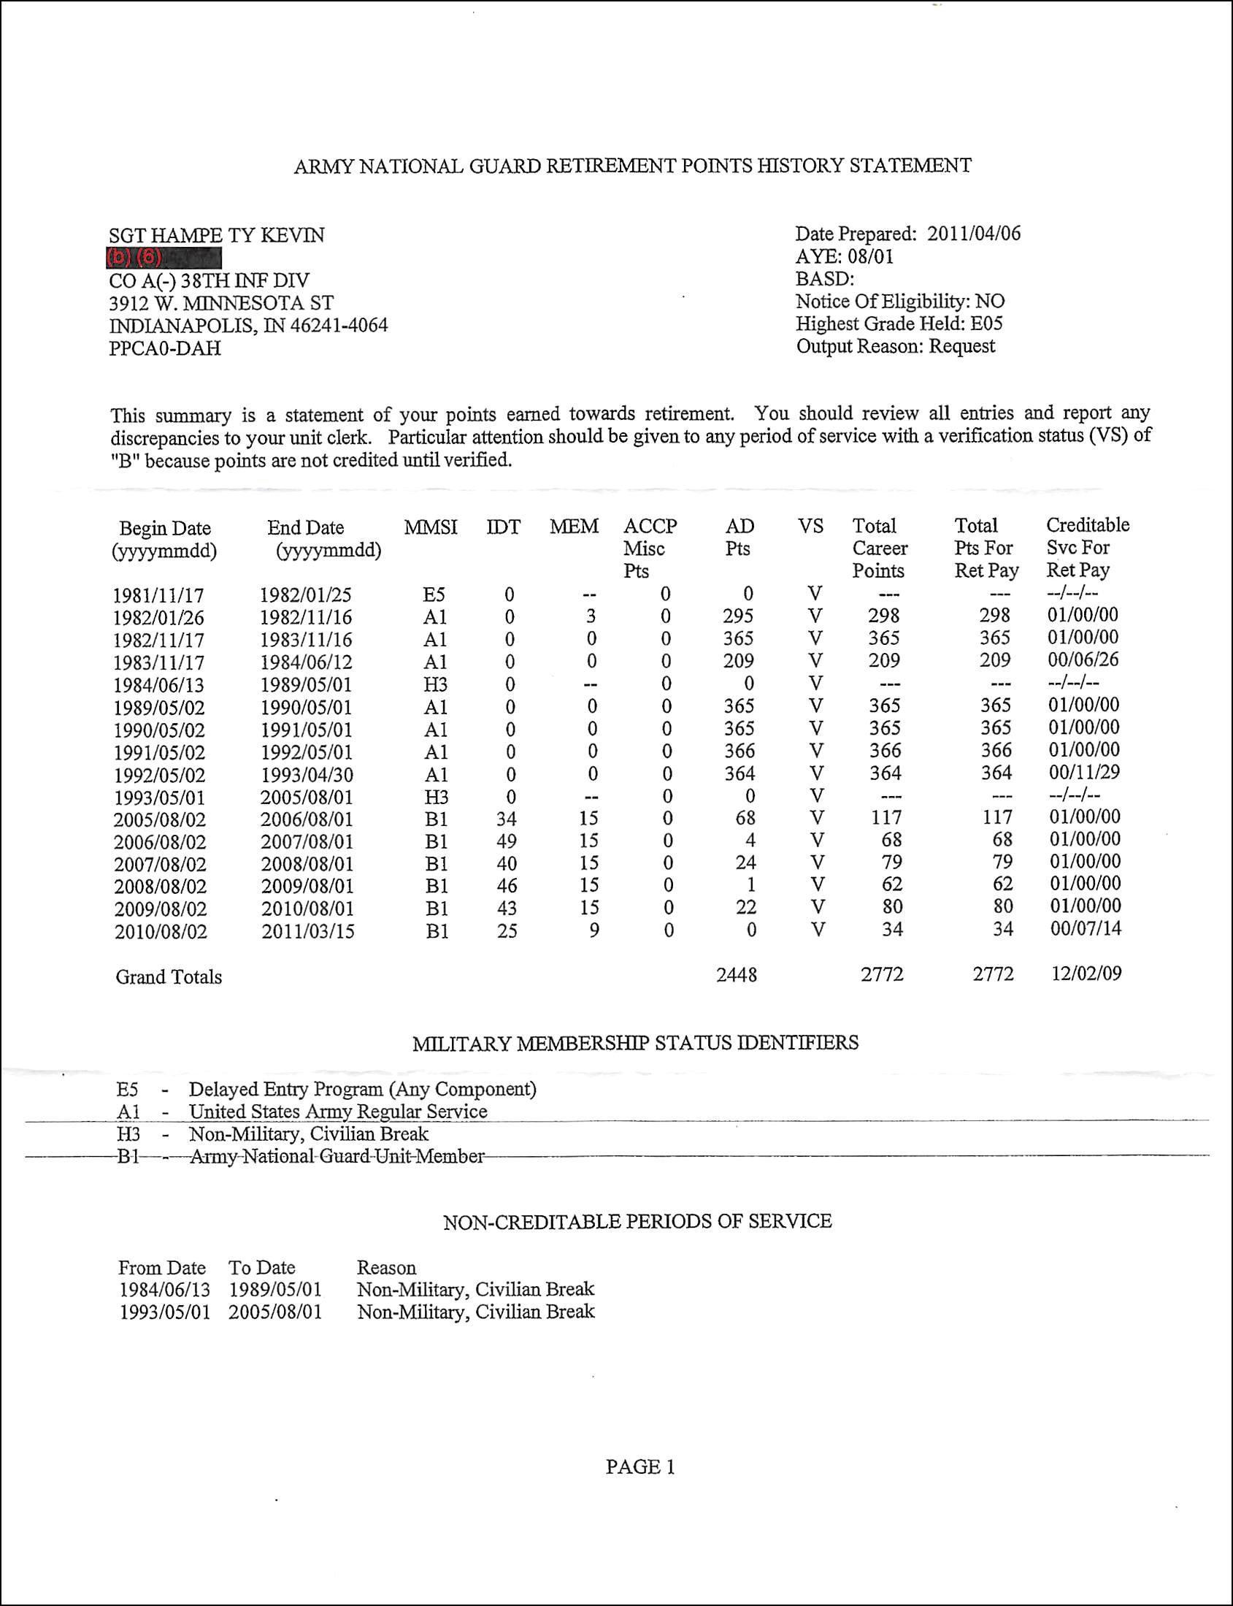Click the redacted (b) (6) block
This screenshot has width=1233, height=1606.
coord(163,258)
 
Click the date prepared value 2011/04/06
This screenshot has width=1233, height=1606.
coord(973,234)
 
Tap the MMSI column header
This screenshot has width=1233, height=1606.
coord(430,527)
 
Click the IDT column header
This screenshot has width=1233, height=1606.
coord(503,527)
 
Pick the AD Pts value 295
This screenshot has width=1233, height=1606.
coord(737,616)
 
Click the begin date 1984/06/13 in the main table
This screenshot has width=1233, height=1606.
coord(158,685)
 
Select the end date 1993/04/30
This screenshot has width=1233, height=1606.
coord(307,775)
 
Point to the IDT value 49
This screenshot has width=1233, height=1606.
coord(507,841)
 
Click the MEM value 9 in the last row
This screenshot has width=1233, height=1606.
coord(594,930)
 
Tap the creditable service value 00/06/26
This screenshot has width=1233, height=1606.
coord(1083,659)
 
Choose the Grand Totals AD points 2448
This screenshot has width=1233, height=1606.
coord(736,975)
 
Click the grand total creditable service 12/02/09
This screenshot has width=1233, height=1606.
coord(1086,974)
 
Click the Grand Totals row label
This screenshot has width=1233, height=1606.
coord(169,977)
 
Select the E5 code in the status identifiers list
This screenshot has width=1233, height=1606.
coord(127,1089)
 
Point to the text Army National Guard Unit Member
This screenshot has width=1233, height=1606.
coord(337,1157)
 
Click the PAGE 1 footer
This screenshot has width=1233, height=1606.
coord(640,1467)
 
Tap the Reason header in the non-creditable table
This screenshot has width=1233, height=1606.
coord(386,1267)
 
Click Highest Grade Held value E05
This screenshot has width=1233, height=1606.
coord(986,324)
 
